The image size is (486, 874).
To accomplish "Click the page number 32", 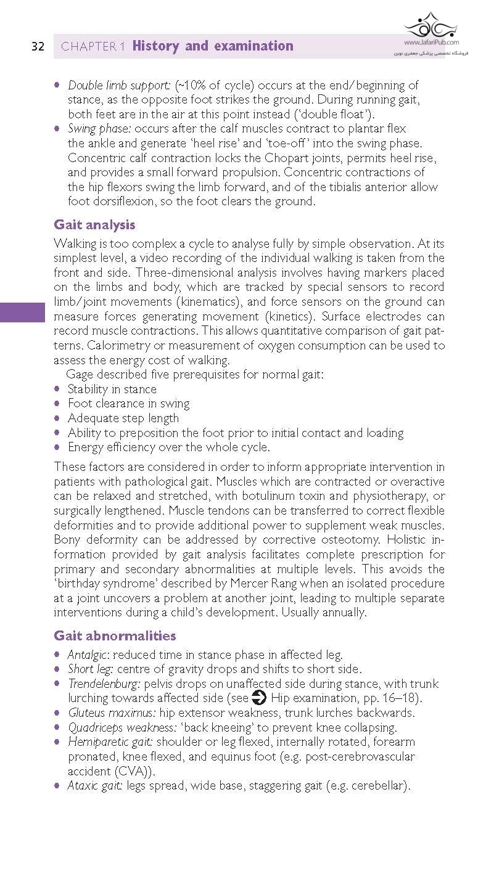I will tap(38, 47).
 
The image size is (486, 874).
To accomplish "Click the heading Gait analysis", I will tap(94, 224).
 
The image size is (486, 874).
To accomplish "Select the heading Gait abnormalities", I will tap(115, 635).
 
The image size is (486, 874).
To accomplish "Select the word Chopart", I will tap(268, 157).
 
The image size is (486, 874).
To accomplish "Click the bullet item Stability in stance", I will tap(112, 389).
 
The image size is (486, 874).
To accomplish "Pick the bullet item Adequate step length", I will tap(123, 418).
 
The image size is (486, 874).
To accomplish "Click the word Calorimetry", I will tap(112, 346).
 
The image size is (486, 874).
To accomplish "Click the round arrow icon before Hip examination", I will tap(259, 698).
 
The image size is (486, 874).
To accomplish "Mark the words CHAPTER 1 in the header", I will tap(93, 47).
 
